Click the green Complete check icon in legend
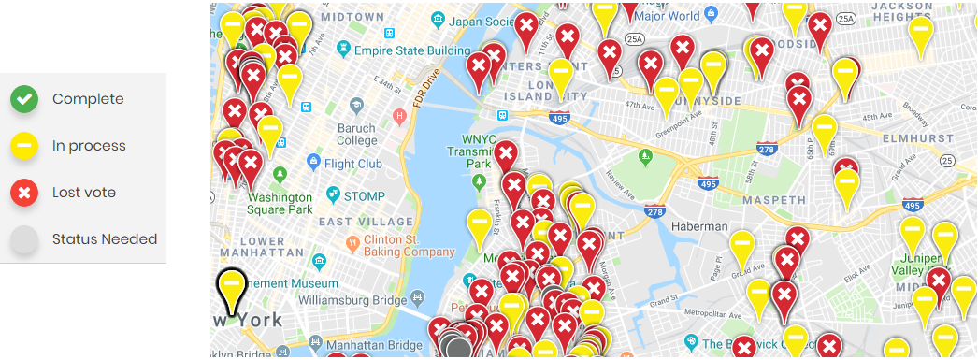point(24,99)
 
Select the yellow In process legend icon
point(24,146)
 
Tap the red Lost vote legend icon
point(24,193)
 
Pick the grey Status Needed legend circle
point(24,239)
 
